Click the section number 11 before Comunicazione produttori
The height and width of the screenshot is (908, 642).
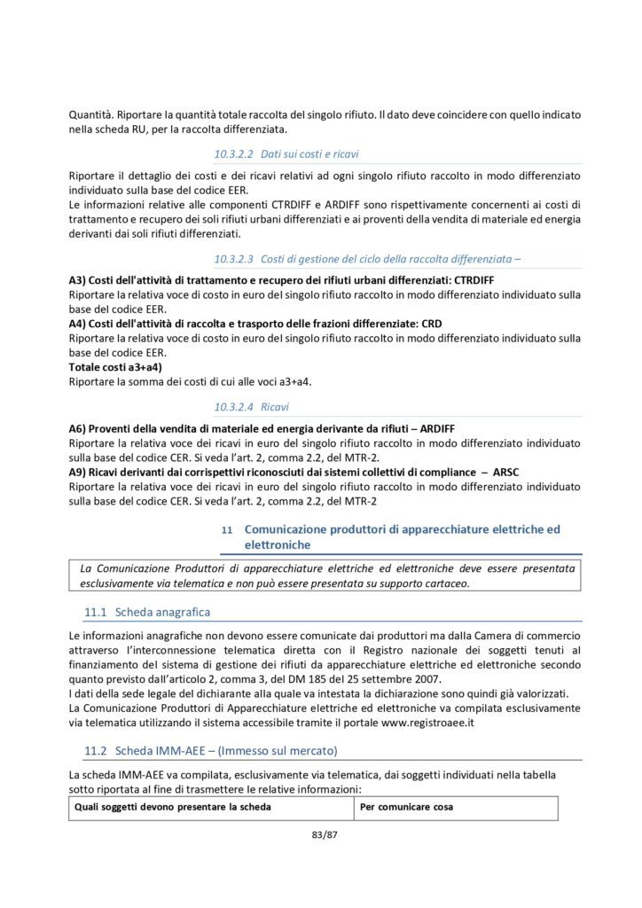pos(226,529)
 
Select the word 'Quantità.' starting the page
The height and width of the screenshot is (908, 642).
pos(90,113)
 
